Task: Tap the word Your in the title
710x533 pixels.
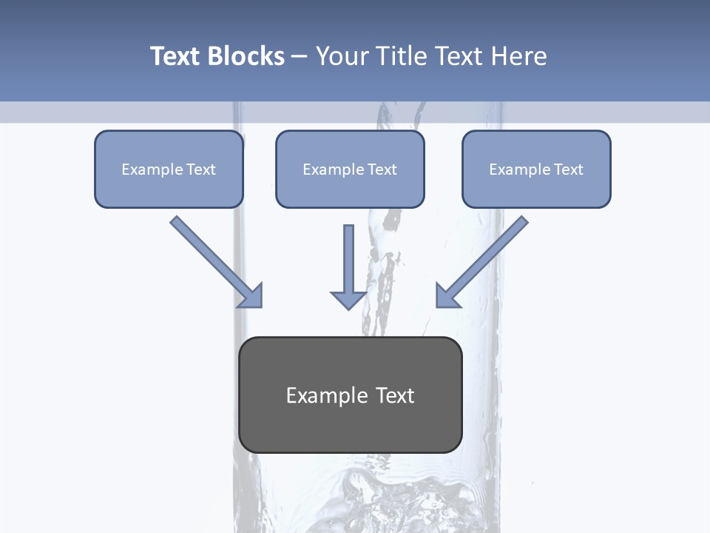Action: [341, 56]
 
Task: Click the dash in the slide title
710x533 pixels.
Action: [300, 56]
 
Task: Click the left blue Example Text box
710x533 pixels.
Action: [169, 169]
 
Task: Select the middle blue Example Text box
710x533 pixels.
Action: [350, 169]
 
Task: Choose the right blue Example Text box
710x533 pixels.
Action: [536, 169]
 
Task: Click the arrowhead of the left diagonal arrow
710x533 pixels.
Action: [251, 296]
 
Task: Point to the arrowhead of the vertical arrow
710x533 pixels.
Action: [348, 300]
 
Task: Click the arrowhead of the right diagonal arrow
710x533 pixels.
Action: [446, 296]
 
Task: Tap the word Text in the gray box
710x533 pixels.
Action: [395, 395]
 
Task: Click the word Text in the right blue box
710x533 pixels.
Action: [568, 169]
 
